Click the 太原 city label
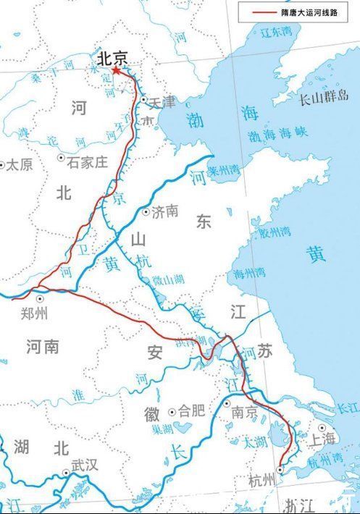(x=19, y=164)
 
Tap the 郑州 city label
(x=35, y=313)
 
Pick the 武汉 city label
(x=85, y=465)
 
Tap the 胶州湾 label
(x=275, y=232)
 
